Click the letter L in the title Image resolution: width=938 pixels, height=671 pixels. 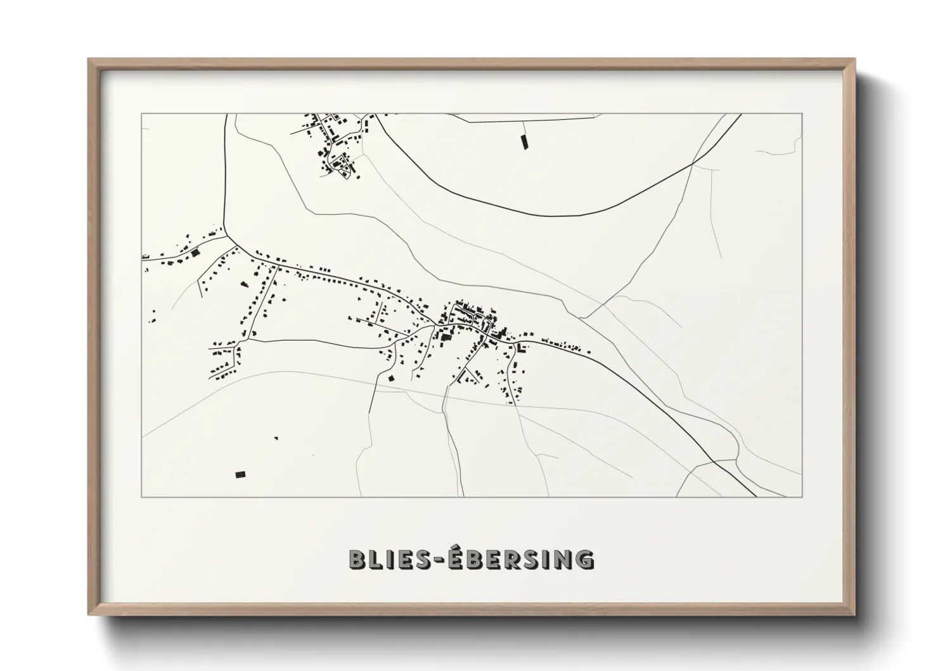[376, 559]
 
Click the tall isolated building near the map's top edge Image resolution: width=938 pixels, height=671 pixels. [524, 142]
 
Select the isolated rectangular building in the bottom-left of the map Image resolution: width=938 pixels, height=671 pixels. [240, 474]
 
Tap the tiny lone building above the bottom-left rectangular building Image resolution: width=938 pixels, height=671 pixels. [277, 438]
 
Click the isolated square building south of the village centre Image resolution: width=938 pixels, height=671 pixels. [391, 379]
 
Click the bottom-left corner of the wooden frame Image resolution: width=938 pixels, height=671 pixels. [89, 615]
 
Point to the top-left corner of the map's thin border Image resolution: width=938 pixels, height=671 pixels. [141, 114]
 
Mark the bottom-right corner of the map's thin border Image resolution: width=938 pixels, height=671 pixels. [802, 497]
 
